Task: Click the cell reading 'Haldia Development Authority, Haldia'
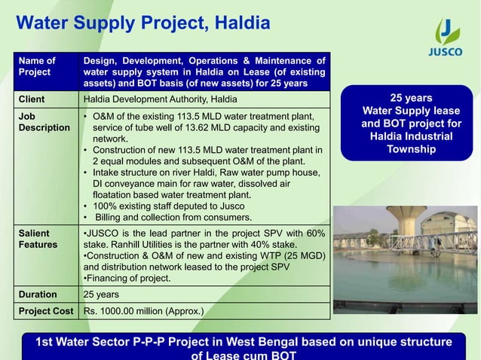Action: [x=159, y=99]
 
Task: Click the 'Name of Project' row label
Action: [x=37, y=66]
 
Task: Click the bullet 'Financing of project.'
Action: [x=127, y=279]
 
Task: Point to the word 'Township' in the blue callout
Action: [x=411, y=150]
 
